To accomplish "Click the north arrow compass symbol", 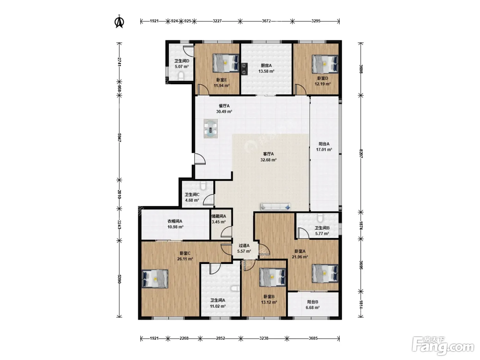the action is pos(119,21).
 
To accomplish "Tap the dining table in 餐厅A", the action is pos(211,129).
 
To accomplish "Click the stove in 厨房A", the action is pos(244,69).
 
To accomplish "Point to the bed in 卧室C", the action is pos(155,279).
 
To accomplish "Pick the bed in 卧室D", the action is pos(325,64).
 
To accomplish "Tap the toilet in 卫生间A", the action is pos(236,289).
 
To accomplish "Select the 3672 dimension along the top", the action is pos(266,21).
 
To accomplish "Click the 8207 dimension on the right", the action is pos(361,154).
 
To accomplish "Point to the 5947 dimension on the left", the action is pos(119,138).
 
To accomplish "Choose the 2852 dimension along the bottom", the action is pos(220,338).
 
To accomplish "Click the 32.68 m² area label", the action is pos(268,160).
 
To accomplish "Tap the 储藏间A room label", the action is pos(219,216).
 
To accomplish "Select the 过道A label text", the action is pos(244,245).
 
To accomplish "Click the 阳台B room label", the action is pos(313,302).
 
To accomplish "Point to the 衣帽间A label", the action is pos(175,221).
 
